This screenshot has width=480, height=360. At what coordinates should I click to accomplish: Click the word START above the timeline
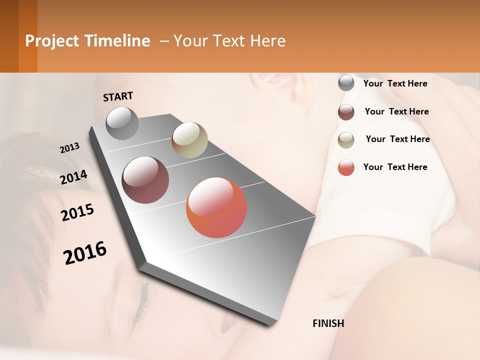118,96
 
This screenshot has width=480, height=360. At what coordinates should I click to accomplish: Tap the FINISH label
328,323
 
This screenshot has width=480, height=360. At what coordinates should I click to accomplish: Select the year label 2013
70,147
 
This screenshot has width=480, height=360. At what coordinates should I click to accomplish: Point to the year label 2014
73,177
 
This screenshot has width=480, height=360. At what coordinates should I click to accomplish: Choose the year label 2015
77,212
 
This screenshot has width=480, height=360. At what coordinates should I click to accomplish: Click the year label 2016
85,252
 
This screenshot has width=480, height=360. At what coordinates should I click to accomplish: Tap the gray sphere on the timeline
122,123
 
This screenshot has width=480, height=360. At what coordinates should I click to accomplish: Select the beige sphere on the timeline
189,140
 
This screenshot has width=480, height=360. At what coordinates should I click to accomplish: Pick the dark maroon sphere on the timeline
145,180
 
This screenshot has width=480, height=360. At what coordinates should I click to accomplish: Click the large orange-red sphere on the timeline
216,207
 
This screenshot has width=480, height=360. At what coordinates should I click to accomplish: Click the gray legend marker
346,83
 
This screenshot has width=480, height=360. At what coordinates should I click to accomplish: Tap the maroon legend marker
346,112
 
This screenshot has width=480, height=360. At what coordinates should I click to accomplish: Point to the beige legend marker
346,139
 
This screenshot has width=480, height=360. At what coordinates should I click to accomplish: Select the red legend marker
346,167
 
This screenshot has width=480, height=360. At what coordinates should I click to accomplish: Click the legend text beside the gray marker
395,83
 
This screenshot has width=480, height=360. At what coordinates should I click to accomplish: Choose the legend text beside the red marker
395,167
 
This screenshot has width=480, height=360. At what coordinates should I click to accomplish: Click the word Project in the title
51,41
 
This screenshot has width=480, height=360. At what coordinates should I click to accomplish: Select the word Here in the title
267,41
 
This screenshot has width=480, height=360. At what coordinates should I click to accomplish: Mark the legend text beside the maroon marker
397,111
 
